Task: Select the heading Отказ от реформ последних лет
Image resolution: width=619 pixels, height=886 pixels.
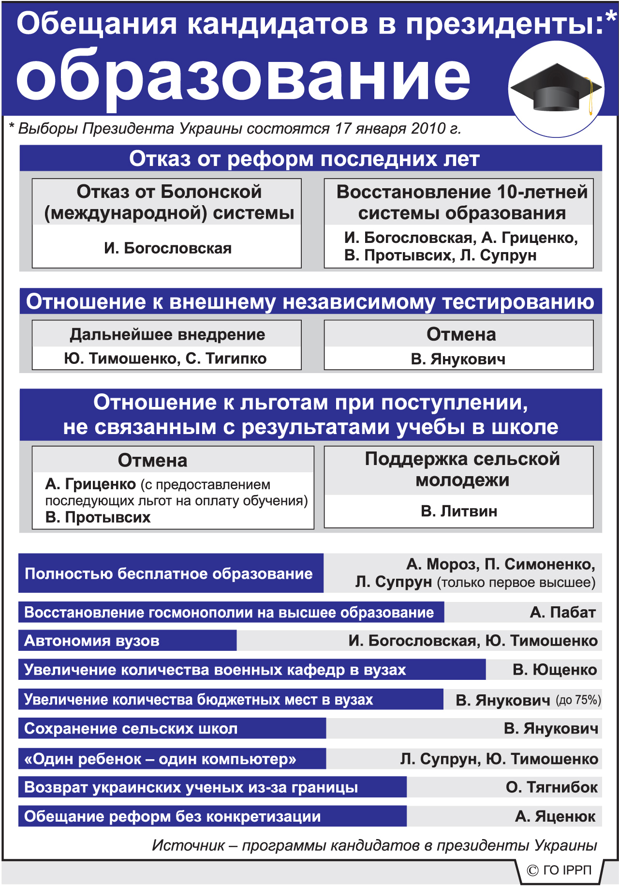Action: [304, 159]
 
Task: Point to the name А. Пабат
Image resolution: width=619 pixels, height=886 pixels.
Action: [562, 612]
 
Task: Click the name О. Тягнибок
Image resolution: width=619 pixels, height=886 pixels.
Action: [551, 787]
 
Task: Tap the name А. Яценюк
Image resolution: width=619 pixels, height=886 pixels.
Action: [555, 816]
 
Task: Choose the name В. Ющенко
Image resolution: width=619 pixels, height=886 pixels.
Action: [555, 670]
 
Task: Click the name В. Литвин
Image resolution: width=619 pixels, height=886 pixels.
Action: [459, 511]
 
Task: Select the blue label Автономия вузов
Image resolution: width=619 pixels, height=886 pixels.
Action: [92, 641]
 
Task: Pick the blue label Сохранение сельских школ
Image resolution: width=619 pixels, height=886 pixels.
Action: [131, 729]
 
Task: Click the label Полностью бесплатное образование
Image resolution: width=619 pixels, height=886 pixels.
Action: [169, 573]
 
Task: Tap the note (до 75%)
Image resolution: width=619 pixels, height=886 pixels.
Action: [578, 700]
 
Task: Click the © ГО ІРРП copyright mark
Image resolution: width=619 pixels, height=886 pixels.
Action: [560, 870]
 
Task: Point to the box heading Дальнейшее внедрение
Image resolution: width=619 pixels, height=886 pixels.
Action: [167, 334]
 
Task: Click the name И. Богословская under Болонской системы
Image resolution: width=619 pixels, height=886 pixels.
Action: [167, 248]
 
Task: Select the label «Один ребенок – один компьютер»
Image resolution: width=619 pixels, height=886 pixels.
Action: [160, 759]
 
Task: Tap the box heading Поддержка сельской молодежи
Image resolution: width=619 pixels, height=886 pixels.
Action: [462, 469]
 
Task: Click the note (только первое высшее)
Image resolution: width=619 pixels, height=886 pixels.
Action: [516, 582]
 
